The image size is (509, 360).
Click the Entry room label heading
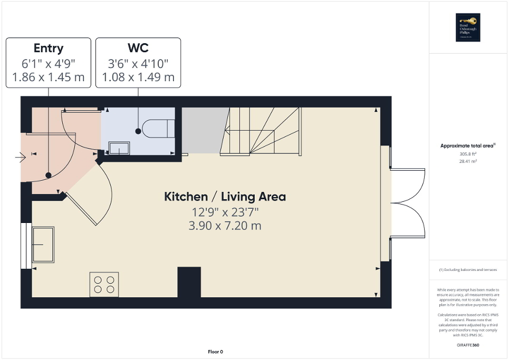click(49, 48)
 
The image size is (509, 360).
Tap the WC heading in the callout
click(138, 48)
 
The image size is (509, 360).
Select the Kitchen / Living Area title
click(225, 197)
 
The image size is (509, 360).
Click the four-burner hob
click(104, 284)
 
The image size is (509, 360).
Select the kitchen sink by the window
click(43, 244)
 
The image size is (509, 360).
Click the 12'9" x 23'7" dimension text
click(225, 212)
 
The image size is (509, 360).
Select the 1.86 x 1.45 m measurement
click(49, 77)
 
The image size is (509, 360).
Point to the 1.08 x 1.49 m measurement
click(138, 77)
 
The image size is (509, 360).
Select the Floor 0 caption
click(215, 352)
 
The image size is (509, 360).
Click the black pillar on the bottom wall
click(189, 283)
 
